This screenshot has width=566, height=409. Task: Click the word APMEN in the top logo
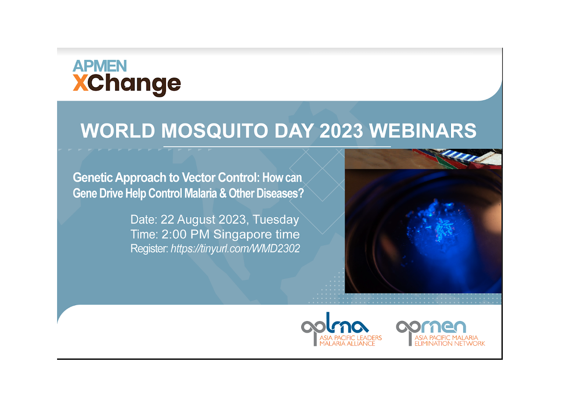point(100,66)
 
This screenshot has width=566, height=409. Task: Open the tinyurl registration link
point(235,249)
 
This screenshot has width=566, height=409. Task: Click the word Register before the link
point(149,249)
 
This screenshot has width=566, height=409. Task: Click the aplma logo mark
point(335,326)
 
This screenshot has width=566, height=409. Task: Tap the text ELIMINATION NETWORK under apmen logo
point(449,343)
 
